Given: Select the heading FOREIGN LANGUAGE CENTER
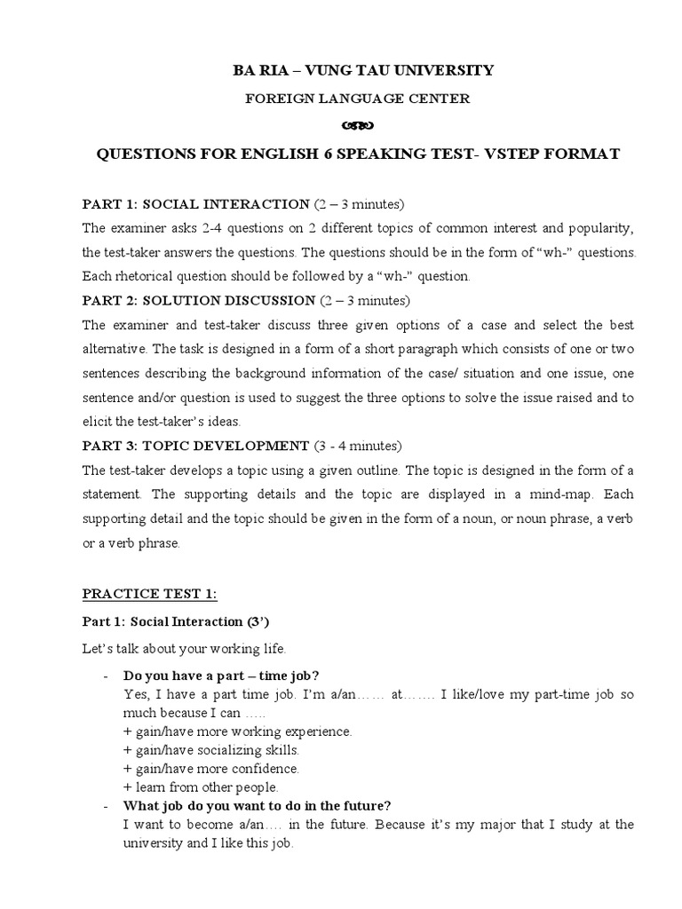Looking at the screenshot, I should point(357,99).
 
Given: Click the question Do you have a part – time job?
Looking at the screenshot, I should point(222,675).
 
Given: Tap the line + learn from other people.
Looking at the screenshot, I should point(202,786).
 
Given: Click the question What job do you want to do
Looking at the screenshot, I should point(258,806).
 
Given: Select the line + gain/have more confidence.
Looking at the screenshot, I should point(211,768).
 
